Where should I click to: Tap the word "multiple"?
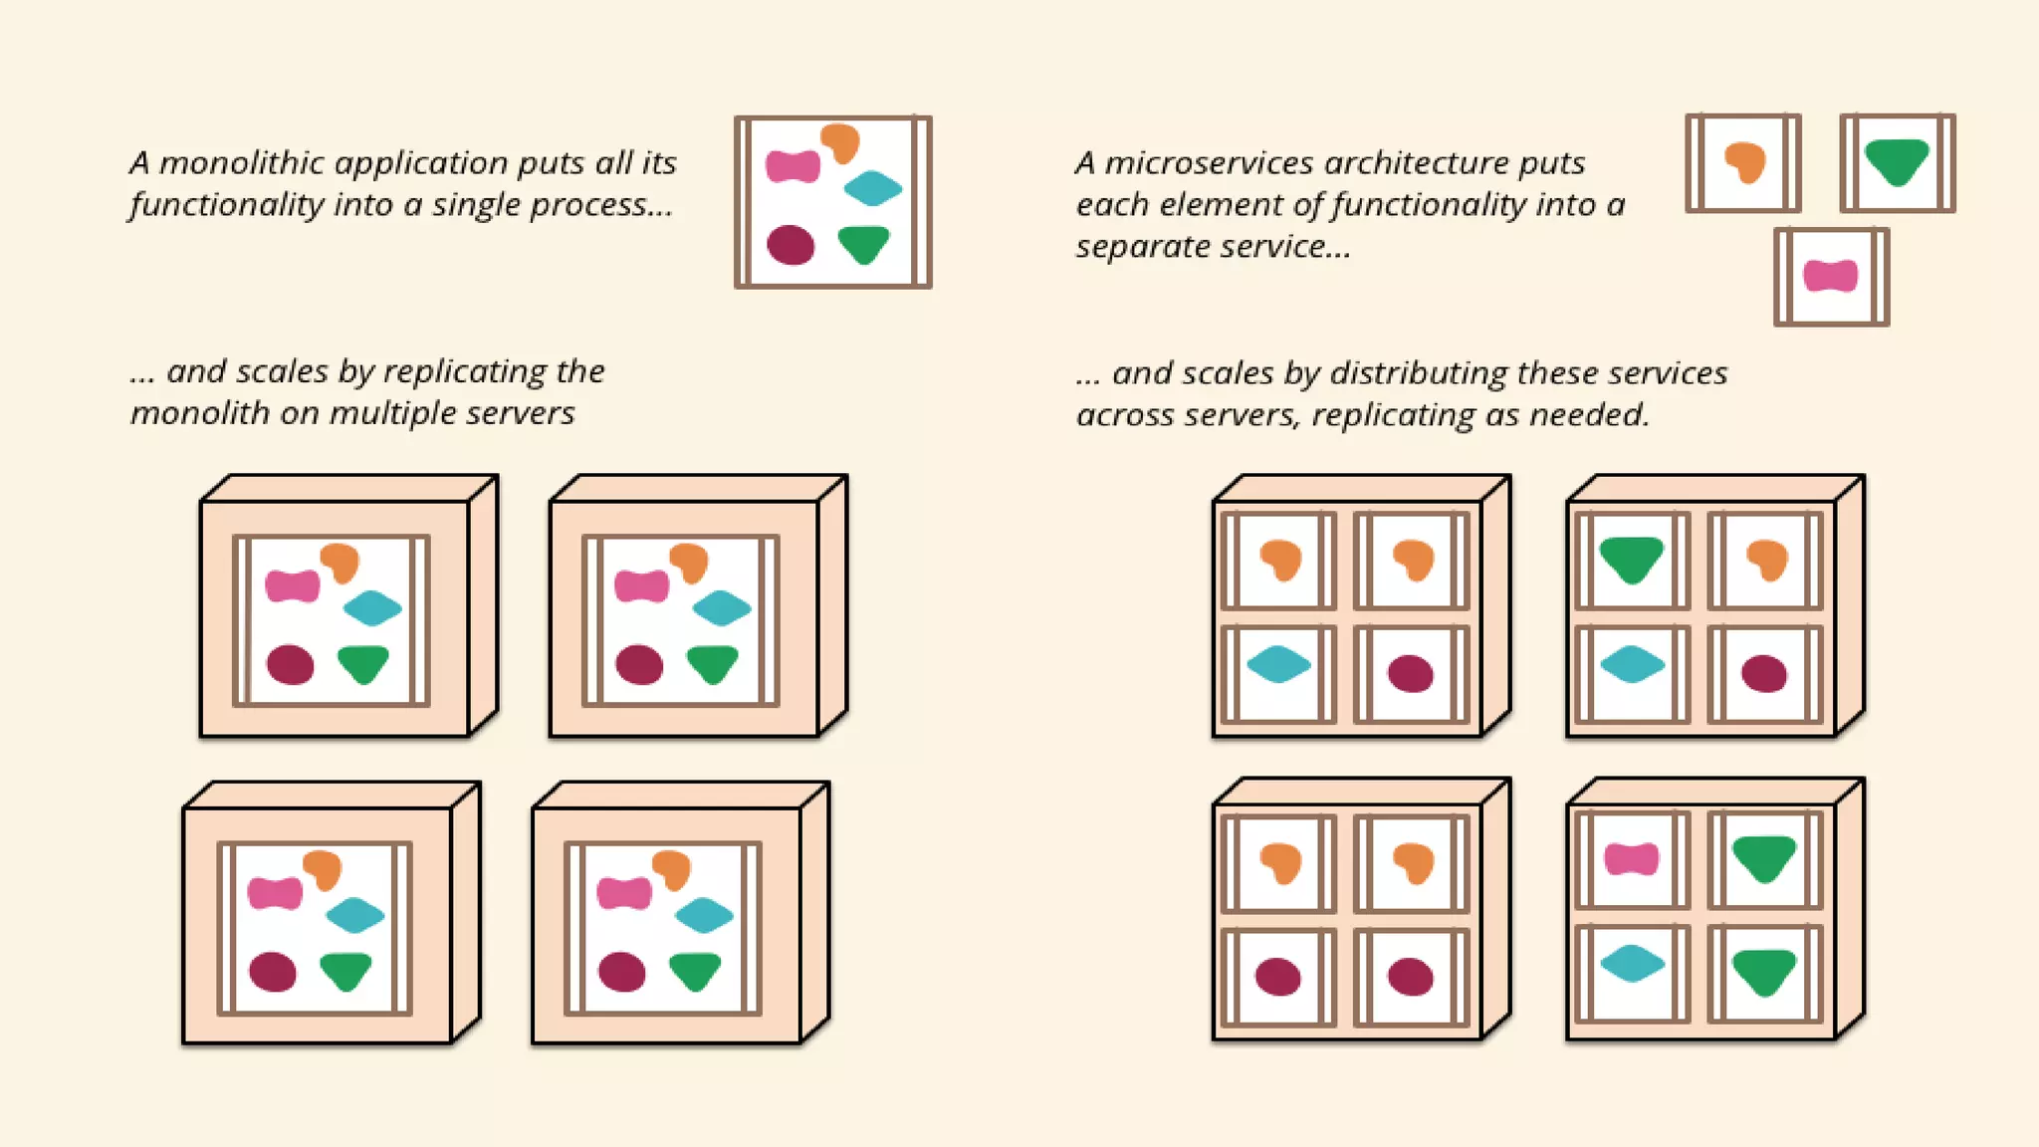tap(380, 414)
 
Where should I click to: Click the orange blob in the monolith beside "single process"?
tap(840, 143)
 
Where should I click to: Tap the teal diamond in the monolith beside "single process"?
tap(872, 188)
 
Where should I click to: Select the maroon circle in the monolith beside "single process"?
tap(791, 245)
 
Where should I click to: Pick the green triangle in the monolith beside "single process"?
tap(863, 244)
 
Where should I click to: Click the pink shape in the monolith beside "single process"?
tap(793, 166)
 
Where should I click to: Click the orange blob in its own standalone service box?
tap(1745, 162)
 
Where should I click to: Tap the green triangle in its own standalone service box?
tap(1897, 161)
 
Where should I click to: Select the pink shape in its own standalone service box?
tap(1830, 276)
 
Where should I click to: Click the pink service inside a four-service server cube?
tap(1631, 858)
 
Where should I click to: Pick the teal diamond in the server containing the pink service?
tap(1632, 963)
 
